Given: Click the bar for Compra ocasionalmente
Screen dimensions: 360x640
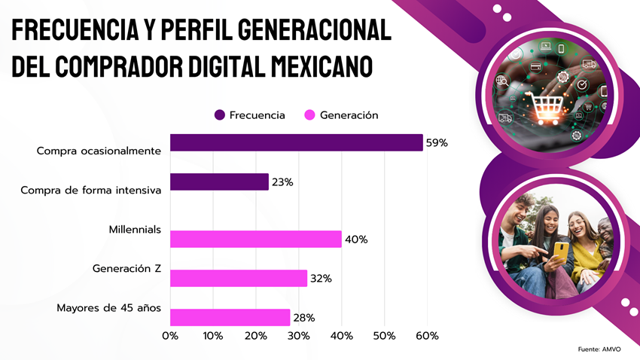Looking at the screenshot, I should click(x=297, y=142).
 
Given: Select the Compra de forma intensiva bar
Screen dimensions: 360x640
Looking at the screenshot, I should click(x=219, y=182).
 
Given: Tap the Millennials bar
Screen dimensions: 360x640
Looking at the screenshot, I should click(x=256, y=239).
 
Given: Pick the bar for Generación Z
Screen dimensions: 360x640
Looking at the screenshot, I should click(x=239, y=278).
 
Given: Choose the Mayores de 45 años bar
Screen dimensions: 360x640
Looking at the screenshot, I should click(x=230, y=317).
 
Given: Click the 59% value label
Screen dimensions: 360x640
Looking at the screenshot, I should click(x=436, y=143).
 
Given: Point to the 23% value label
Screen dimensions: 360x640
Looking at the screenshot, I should click(x=282, y=182).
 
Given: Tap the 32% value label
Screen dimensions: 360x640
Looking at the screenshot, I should click(x=321, y=279).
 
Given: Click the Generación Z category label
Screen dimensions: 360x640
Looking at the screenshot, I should click(x=126, y=268).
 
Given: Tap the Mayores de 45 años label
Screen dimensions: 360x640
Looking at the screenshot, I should click(x=109, y=308).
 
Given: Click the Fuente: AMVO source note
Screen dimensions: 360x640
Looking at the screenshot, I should click(x=599, y=349).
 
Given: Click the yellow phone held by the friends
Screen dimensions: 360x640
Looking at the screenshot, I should click(x=561, y=252).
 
